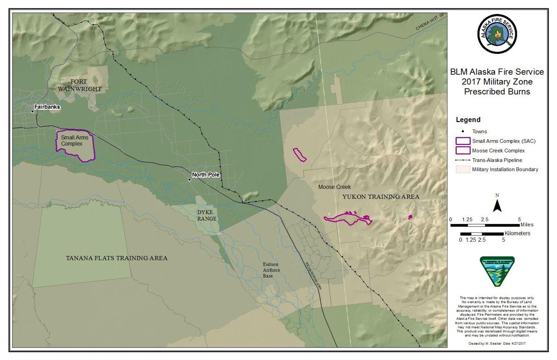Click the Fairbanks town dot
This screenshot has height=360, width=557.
tap(33, 111)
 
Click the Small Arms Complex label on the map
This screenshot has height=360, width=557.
tap(71, 141)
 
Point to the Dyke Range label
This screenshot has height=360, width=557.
tap(205, 215)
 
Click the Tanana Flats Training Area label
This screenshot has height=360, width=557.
tap(117, 258)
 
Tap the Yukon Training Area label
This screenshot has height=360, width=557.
tap(381, 197)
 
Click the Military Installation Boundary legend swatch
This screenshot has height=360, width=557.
tap(463, 169)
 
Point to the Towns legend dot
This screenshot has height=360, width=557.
tap(463, 132)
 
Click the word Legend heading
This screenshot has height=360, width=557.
tap(468, 120)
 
